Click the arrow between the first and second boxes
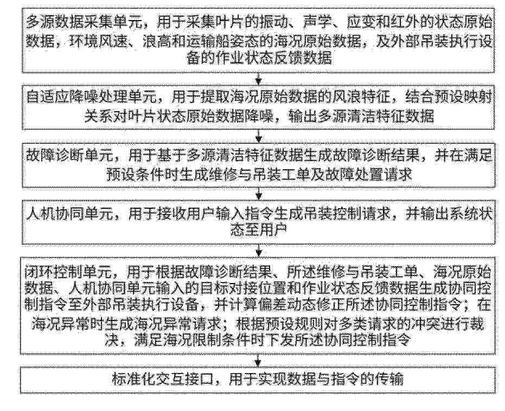point(258,78)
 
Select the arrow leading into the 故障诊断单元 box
point(258,136)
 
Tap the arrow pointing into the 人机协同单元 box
point(258,194)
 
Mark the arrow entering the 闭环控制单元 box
point(258,251)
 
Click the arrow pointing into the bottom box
point(258,361)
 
